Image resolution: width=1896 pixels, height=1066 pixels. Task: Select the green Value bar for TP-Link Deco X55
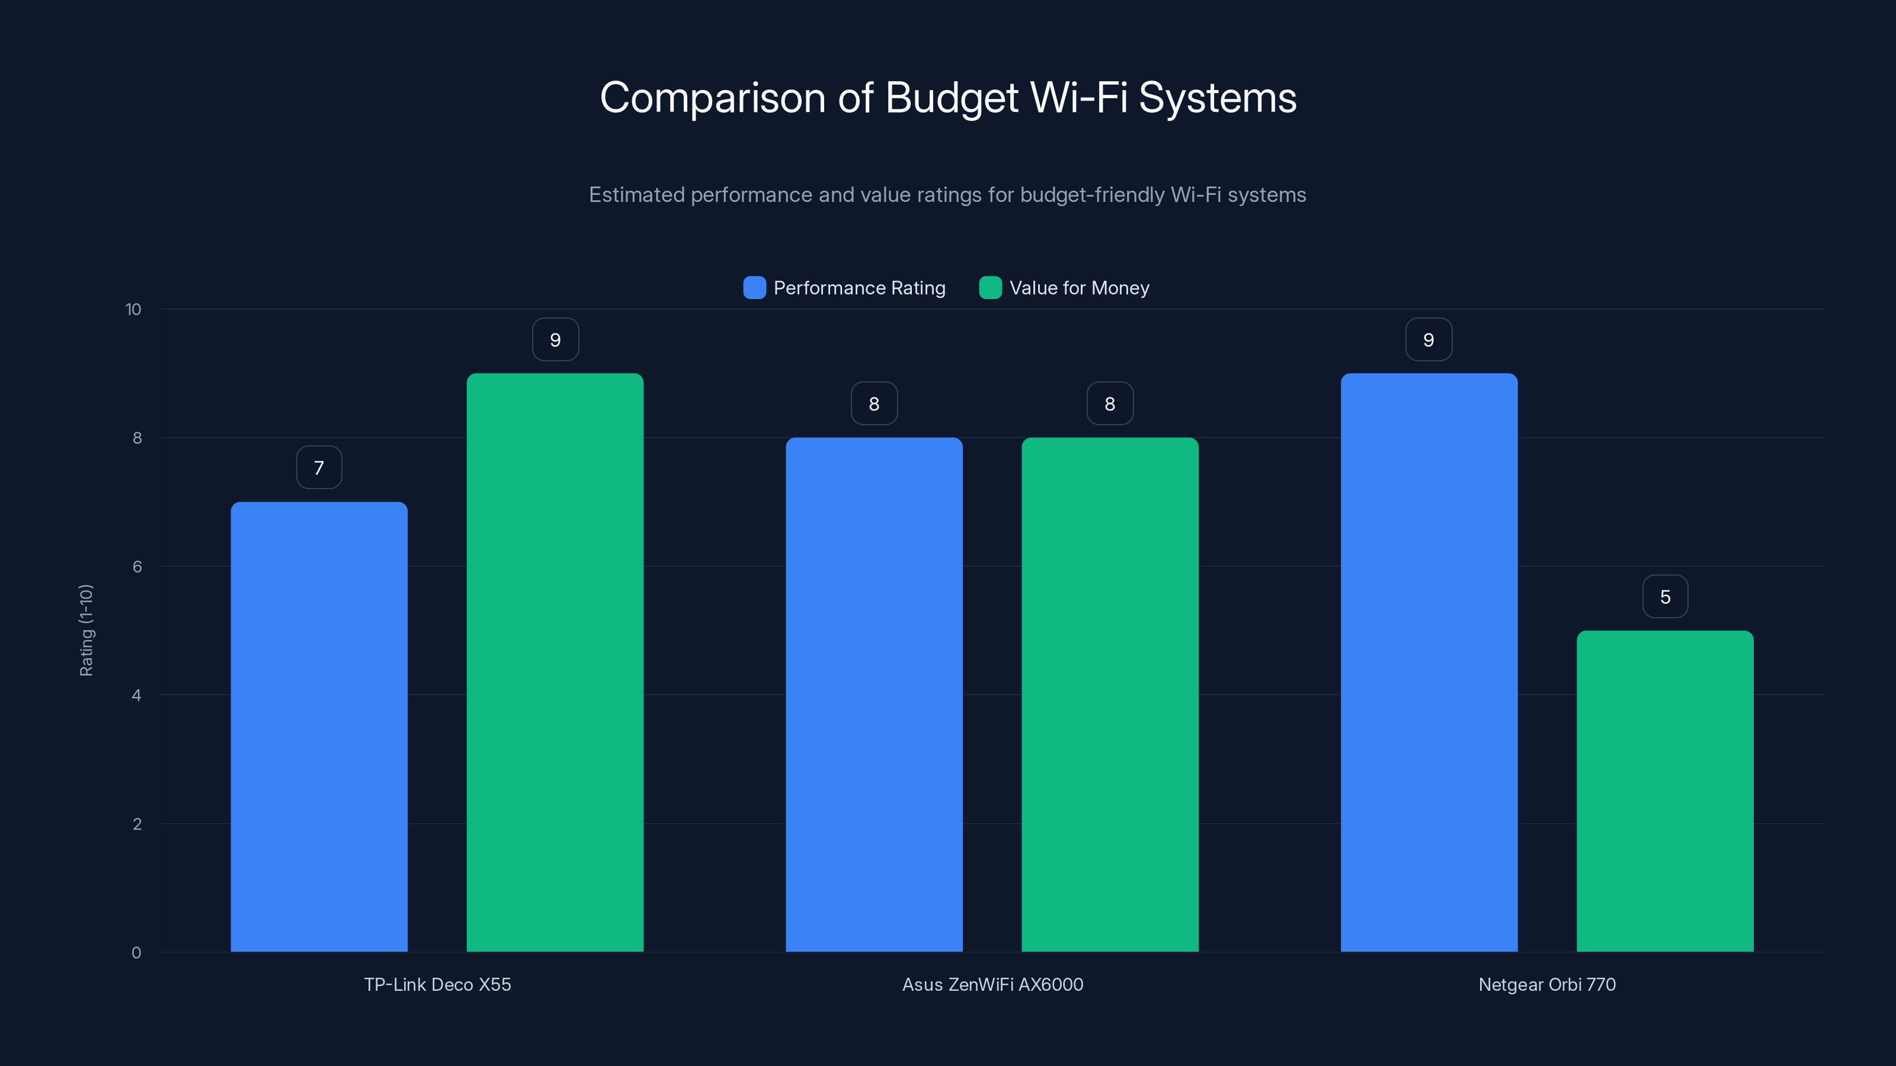click(x=555, y=662)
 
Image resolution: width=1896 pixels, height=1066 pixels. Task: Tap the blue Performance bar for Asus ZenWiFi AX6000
click(x=874, y=695)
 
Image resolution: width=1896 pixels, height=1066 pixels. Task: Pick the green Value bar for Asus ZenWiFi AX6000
click(x=1110, y=695)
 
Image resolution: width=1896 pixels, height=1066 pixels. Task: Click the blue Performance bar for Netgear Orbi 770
click(x=1429, y=662)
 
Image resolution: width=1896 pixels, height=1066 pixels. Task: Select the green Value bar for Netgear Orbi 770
click(x=1665, y=791)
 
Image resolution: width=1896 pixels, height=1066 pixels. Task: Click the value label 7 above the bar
click(x=319, y=468)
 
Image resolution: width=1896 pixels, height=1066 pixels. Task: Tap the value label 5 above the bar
click(x=1665, y=596)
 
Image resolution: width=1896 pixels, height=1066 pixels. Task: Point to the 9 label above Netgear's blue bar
click(x=1429, y=340)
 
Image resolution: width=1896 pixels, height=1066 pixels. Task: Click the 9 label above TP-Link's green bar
click(x=555, y=340)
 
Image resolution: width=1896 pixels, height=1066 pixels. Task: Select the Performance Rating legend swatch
click(x=754, y=288)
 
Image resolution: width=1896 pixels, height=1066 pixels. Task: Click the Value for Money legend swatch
click(x=990, y=288)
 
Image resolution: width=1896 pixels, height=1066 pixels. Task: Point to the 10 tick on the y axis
click(x=133, y=309)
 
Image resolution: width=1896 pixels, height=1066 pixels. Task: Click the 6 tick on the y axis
click(x=137, y=567)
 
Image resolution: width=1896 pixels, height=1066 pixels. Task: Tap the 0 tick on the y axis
click(x=136, y=953)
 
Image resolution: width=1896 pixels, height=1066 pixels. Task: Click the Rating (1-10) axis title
click(x=86, y=631)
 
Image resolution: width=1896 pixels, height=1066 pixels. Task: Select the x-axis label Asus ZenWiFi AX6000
click(x=992, y=984)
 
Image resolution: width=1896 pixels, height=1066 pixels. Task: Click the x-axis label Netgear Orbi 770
click(x=1546, y=984)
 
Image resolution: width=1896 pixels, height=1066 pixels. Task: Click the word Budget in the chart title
click(x=952, y=98)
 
